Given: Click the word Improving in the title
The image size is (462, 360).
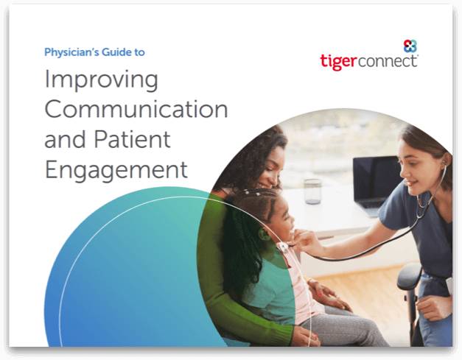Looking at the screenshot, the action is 102,80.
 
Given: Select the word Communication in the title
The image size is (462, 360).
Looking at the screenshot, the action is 136,109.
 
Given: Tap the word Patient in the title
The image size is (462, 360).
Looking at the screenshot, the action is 133,139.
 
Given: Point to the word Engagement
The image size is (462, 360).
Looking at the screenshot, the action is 116,171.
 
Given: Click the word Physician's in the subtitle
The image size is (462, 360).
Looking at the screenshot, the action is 71,52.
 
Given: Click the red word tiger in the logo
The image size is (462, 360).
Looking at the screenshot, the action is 338,62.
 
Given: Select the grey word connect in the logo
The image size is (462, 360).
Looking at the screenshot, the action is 388,61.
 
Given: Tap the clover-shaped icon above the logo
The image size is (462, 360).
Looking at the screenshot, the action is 410,46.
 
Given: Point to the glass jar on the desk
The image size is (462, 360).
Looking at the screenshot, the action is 312,191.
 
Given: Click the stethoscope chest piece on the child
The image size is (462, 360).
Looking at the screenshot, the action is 282,247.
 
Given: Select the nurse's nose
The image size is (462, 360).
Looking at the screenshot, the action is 404,172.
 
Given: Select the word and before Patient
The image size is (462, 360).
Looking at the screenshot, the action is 66,139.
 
